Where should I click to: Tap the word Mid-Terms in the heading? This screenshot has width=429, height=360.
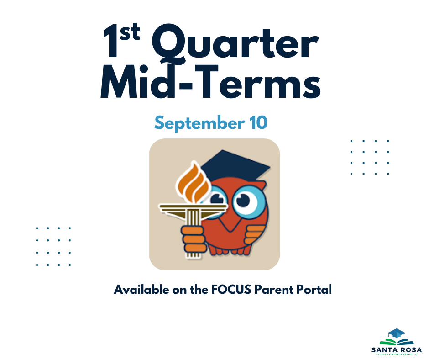point(211,82)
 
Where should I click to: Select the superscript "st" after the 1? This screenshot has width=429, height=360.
point(130,32)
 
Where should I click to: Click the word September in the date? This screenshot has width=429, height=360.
point(199,123)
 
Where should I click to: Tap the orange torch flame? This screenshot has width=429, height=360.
point(194,182)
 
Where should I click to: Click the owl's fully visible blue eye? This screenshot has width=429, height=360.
point(246,201)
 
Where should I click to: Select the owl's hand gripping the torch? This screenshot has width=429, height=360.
point(194,240)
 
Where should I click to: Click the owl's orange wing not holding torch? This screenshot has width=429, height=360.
point(255,234)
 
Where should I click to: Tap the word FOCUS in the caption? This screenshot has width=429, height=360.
point(231,290)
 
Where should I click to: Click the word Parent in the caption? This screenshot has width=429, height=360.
point(274,290)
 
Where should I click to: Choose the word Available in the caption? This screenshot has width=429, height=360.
point(141,290)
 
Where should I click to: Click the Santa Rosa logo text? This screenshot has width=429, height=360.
point(397,350)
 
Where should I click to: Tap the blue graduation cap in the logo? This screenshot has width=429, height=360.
point(397,334)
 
